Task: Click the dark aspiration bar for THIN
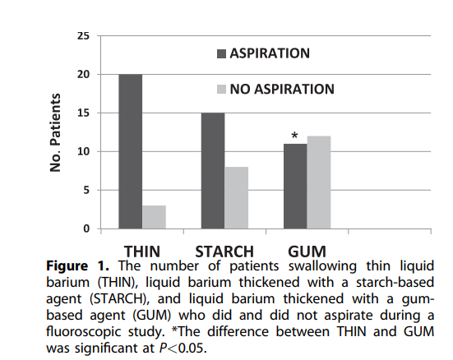click(130, 151)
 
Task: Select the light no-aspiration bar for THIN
click(154, 217)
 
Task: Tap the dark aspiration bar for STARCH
click(213, 170)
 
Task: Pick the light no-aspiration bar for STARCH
click(237, 197)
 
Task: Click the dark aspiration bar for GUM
click(295, 186)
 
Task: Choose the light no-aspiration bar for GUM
click(319, 182)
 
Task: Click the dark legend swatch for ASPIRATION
click(221, 54)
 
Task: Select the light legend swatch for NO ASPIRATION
click(221, 89)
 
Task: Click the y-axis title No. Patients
click(56, 132)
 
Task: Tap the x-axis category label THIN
click(142, 250)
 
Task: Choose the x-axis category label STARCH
click(224, 250)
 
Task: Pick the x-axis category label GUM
click(307, 250)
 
